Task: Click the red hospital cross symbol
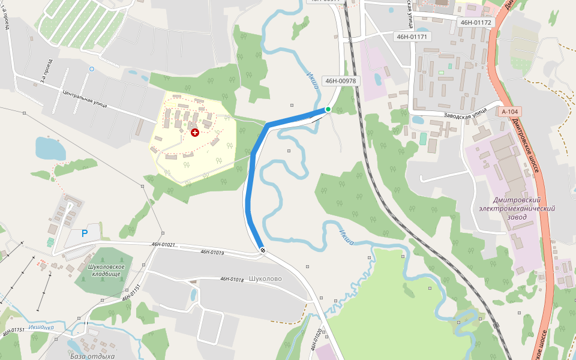pos(194,132)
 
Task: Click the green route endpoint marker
pos(328,109)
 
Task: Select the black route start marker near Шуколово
pos(262,250)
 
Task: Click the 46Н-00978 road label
pos(340,81)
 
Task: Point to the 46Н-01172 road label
pos(476,23)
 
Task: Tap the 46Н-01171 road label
pos(412,37)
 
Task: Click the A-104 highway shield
pos(509,112)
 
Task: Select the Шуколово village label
pos(265,279)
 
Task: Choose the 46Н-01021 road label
pos(163,245)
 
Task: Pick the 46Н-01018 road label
pos(232,279)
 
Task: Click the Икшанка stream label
pos(40,328)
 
